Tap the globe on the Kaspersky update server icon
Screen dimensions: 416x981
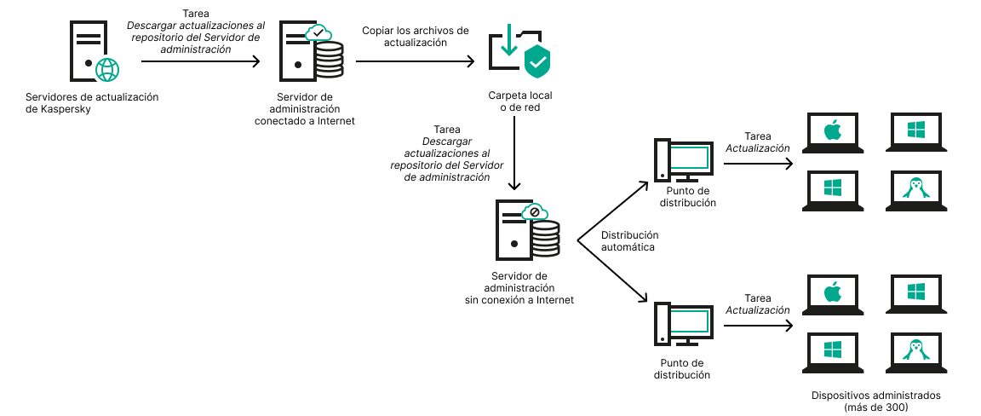[x=107, y=69]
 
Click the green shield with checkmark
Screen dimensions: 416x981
[x=537, y=61]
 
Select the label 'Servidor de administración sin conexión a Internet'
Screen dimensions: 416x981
[x=519, y=288]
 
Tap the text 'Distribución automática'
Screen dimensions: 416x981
[x=629, y=240]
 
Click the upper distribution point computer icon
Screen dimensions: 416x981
[x=681, y=161]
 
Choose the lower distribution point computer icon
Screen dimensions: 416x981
[x=681, y=325]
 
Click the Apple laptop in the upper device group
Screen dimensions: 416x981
[x=832, y=132]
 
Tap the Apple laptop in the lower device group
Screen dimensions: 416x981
[x=832, y=294]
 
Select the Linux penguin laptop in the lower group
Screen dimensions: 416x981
[x=915, y=350]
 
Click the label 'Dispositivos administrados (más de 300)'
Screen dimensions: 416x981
[x=875, y=402]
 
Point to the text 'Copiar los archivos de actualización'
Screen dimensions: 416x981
[x=416, y=37]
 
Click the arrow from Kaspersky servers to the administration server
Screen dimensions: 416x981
[x=201, y=61]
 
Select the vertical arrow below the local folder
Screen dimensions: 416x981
[x=514, y=153]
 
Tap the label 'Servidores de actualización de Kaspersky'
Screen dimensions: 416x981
[x=92, y=103]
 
